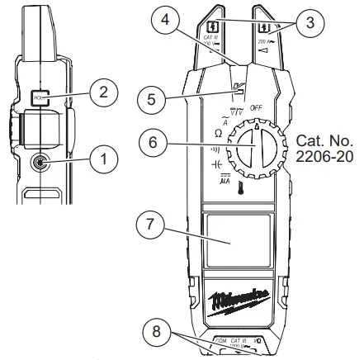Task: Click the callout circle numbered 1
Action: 98,153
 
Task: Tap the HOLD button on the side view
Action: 38,100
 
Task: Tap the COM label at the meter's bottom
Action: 220,340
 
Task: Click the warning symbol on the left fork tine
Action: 213,26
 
